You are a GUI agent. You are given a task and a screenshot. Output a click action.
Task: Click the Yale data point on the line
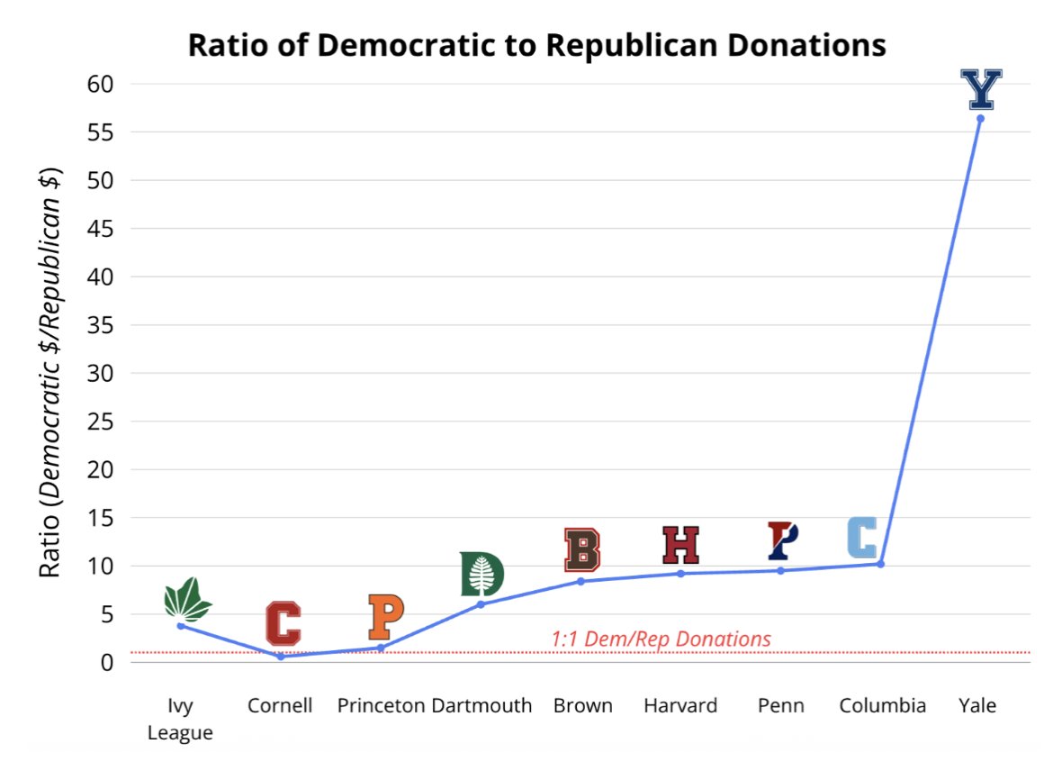click(980, 119)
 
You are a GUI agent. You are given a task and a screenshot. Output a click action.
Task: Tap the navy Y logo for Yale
click(981, 89)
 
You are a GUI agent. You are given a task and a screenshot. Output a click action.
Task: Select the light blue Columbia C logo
click(862, 537)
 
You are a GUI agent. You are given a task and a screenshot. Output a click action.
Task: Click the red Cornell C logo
click(283, 623)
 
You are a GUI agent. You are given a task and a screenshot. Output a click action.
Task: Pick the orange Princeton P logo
click(386, 617)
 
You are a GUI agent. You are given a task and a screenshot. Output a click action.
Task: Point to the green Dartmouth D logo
click(481, 575)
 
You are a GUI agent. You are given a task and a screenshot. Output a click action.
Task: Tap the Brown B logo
click(581, 549)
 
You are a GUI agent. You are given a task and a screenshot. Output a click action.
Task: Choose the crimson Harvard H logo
click(680, 545)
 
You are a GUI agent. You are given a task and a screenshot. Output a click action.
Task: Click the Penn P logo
click(782, 540)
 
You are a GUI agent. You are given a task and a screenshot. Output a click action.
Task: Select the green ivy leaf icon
click(187, 600)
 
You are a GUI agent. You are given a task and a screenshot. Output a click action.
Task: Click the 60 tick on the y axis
click(100, 84)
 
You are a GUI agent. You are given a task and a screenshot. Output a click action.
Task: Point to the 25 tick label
click(100, 422)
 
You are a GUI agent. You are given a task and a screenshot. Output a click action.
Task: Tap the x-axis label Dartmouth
click(481, 705)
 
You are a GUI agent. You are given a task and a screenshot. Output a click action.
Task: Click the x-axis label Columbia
click(883, 705)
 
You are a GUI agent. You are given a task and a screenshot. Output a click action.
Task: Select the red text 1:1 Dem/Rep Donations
click(661, 639)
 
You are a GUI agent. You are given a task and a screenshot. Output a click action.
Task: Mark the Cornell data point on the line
click(281, 657)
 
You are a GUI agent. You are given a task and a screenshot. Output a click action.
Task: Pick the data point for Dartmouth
click(481, 604)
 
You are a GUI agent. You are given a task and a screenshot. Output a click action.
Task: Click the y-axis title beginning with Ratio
click(50, 372)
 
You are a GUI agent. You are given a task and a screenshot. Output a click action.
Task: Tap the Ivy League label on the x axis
click(180, 719)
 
